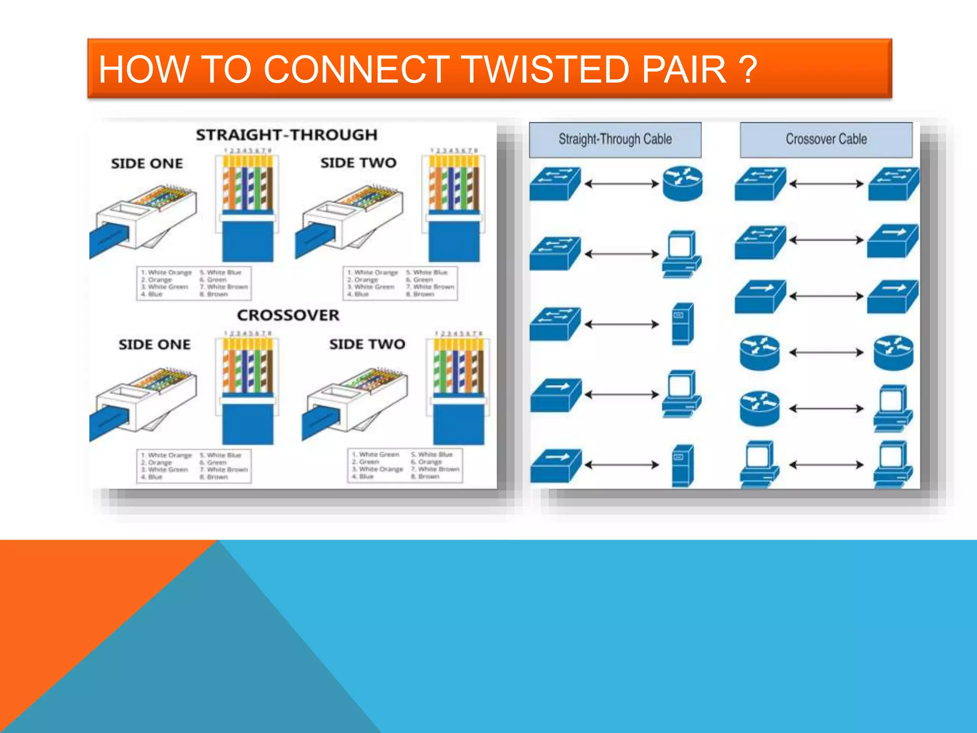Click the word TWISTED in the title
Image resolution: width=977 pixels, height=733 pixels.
click(x=546, y=69)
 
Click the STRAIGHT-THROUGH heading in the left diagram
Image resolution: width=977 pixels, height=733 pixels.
click(x=286, y=135)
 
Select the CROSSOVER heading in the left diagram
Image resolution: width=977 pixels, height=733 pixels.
click(x=288, y=315)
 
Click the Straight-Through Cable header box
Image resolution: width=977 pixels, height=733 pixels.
click(x=615, y=139)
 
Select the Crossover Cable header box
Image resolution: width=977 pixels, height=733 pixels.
click(x=826, y=139)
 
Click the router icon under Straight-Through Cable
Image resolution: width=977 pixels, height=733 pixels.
click(x=683, y=183)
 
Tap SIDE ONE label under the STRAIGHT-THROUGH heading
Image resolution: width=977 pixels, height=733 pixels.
click(x=147, y=164)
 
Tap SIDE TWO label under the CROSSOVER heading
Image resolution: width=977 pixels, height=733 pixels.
click(x=367, y=344)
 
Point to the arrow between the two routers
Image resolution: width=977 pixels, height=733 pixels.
click(x=826, y=353)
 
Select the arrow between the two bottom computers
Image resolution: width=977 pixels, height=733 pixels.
click(x=826, y=464)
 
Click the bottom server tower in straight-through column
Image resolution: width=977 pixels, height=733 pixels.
click(x=682, y=465)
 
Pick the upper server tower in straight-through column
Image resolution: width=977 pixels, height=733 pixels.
click(x=682, y=324)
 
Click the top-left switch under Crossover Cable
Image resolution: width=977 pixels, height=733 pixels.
click(x=759, y=184)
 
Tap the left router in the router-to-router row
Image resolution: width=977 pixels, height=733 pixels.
click(x=759, y=353)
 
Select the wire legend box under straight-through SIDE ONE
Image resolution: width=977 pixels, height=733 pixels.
click(x=194, y=283)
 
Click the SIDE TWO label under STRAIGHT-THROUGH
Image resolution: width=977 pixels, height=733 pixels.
click(x=358, y=163)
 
